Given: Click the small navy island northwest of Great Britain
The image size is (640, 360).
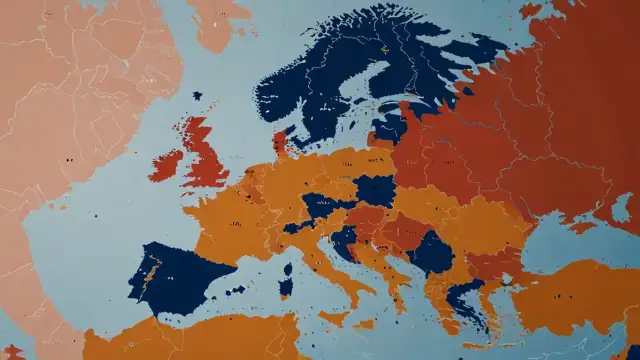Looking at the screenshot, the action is click(198, 96).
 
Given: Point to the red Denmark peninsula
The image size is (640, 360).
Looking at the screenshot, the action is click(281, 141).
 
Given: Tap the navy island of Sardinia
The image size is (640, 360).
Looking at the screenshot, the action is click(287, 286).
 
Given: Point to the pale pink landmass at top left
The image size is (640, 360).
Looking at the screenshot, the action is click(70, 100).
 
